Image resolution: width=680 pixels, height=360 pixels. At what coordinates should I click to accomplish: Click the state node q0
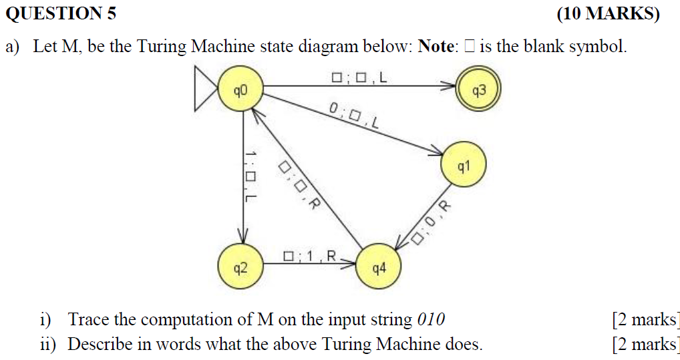click(240, 87)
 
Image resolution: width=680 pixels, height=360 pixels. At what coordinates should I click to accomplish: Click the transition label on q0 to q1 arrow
click(354, 116)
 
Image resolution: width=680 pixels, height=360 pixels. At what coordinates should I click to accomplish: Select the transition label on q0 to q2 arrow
click(250, 176)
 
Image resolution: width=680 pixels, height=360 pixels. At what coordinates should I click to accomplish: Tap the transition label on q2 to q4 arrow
click(313, 256)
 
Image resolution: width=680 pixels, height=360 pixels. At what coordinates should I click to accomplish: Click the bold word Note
click(436, 47)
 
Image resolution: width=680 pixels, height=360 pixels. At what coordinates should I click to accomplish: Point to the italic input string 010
click(431, 319)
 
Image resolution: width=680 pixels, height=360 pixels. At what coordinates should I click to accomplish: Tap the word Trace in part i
click(88, 319)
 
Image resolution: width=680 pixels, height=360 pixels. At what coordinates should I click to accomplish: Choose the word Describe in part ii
click(98, 345)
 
